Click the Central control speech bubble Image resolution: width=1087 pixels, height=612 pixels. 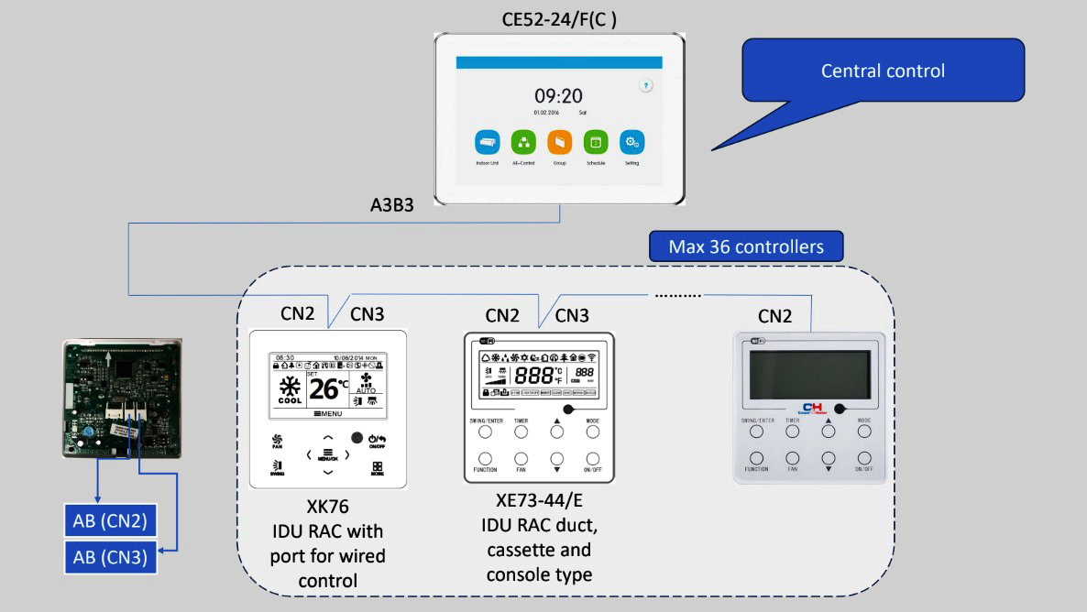[x=883, y=71]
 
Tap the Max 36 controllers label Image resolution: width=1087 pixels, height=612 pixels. [x=746, y=246]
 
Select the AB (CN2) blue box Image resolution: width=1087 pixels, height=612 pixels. [x=109, y=521]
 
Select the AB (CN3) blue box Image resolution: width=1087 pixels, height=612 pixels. [x=109, y=556]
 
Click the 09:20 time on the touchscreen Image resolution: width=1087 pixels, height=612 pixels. [x=558, y=96]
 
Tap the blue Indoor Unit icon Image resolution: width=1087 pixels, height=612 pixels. [x=487, y=142]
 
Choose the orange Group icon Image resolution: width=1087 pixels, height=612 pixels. [x=559, y=142]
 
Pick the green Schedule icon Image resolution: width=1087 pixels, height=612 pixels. [x=596, y=142]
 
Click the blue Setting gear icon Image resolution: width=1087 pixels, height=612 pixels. [x=631, y=142]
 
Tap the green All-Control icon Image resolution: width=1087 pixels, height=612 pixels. [x=523, y=142]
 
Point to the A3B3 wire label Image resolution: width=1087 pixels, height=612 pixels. [x=385, y=205]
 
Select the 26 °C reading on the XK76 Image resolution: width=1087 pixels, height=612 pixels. [x=327, y=388]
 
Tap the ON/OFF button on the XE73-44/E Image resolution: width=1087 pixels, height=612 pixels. [x=592, y=458]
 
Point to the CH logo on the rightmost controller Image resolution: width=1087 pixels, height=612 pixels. [x=814, y=408]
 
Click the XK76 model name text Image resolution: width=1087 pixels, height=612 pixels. [x=327, y=507]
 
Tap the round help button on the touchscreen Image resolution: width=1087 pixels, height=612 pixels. [x=646, y=85]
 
